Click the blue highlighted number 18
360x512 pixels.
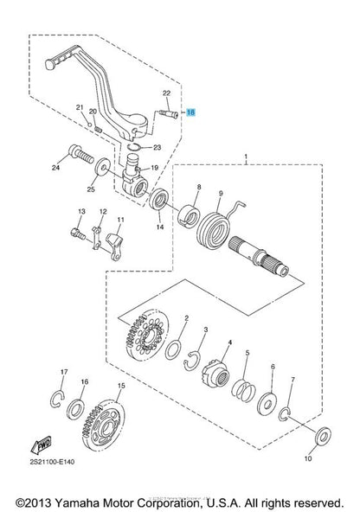(x=190, y=112)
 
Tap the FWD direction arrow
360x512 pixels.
(x=42, y=445)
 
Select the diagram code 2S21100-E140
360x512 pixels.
(x=52, y=462)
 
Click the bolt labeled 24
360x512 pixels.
(x=81, y=155)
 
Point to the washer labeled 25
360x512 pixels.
(x=103, y=169)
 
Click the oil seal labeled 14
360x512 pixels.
(x=159, y=199)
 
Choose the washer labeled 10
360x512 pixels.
(x=323, y=436)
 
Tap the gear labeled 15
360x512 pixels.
(x=103, y=425)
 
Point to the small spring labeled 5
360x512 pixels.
(x=244, y=390)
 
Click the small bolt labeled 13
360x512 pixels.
(x=78, y=234)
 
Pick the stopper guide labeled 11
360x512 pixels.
(x=115, y=246)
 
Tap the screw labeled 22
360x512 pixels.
(x=169, y=114)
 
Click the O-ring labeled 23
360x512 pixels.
(x=135, y=147)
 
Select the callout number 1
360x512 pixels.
(x=246, y=157)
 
